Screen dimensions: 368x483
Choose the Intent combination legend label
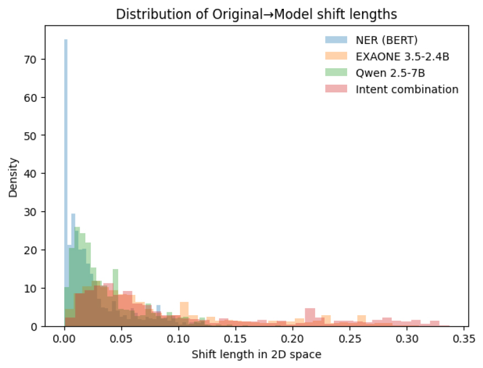(407, 89)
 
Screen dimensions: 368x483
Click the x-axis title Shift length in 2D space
(256, 355)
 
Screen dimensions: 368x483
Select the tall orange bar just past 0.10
(184, 314)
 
